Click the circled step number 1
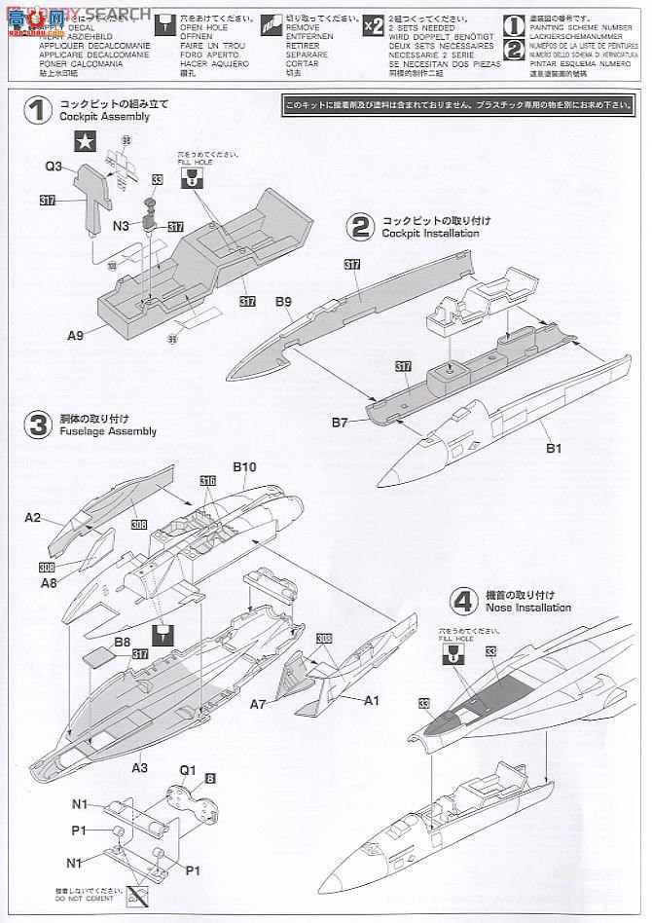tap(39, 110)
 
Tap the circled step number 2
tap(361, 227)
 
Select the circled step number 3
tap(39, 425)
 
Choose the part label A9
tap(76, 335)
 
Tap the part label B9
tap(283, 303)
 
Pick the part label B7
tap(340, 422)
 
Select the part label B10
tap(244, 467)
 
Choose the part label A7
tap(258, 703)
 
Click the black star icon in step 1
tap(86, 142)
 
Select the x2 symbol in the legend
tap(373, 26)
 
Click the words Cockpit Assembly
tap(117, 117)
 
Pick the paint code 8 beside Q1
tap(210, 778)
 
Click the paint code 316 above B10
tap(207, 481)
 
